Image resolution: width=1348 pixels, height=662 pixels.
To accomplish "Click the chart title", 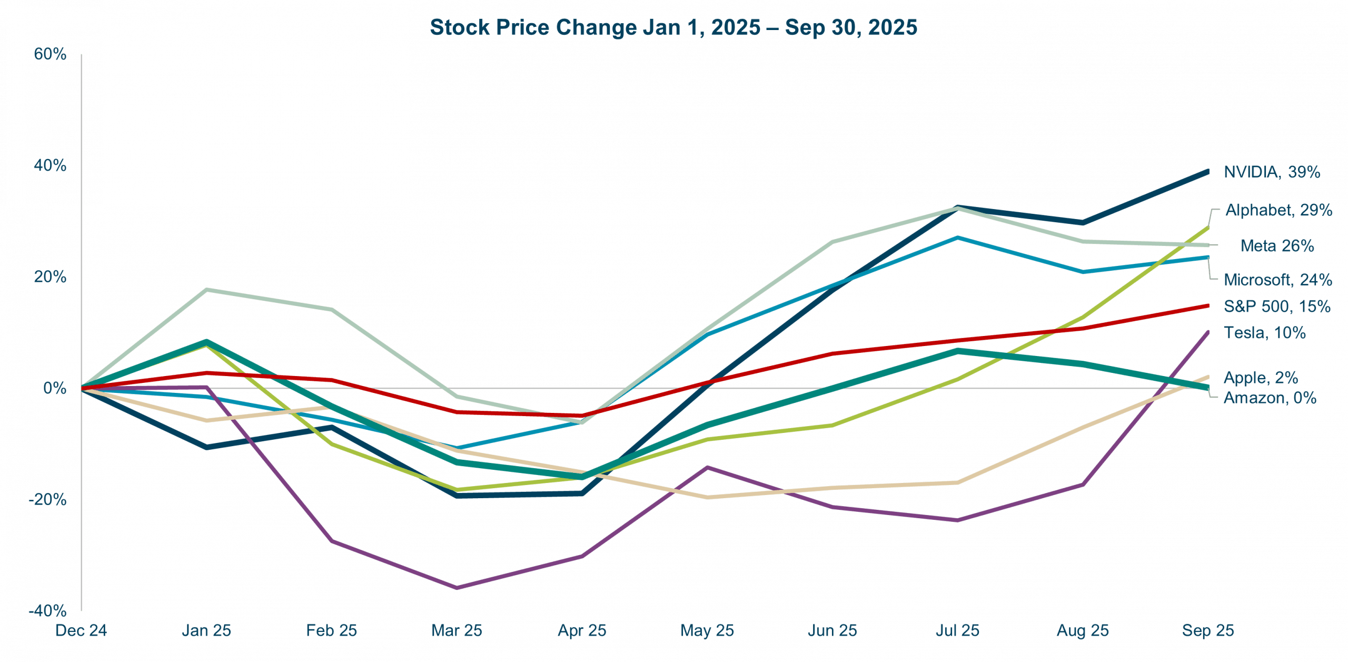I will [x=673, y=27].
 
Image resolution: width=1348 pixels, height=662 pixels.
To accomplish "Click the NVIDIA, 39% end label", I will [x=1271, y=172].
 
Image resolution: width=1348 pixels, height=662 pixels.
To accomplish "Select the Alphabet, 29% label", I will [x=1278, y=210].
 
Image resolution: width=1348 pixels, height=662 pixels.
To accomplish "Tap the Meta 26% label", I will [x=1277, y=245].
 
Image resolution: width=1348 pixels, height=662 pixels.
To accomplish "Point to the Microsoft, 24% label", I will [x=1277, y=280].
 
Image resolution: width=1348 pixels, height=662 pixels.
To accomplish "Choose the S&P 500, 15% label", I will [x=1277, y=306].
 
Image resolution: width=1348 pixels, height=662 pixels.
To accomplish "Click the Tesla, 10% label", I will [x=1265, y=333].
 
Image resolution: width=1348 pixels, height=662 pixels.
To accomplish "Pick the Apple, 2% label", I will [x=1261, y=378].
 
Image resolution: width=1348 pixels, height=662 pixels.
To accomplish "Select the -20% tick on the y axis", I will [x=48, y=499].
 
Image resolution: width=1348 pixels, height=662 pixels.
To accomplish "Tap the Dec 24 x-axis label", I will [x=82, y=630].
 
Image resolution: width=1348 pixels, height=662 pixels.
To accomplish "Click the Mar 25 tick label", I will [x=457, y=630].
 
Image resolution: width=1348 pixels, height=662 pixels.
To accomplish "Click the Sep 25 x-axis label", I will [x=1208, y=630].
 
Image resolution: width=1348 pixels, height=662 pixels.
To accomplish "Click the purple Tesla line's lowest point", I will [x=457, y=588].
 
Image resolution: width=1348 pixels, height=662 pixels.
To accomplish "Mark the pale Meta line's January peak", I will [x=207, y=289].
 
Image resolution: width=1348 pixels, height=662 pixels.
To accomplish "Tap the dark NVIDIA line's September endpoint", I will [x=1207, y=172].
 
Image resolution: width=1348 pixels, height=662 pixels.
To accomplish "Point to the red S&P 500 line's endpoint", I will [x=1207, y=305].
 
